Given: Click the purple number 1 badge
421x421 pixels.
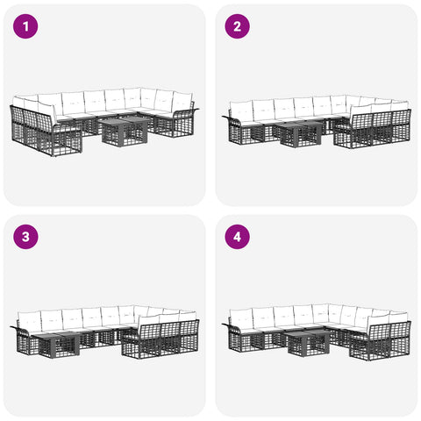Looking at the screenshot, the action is pyautogui.click(x=25, y=26).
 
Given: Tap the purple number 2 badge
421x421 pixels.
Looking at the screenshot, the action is pyautogui.click(x=237, y=26).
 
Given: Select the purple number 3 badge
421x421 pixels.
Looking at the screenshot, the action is pyautogui.click(x=25, y=237).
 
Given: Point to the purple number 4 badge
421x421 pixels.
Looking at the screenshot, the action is pyautogui.click(x=237, y=237).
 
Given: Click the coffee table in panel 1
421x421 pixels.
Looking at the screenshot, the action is pyautogui.click(x=125, y=132).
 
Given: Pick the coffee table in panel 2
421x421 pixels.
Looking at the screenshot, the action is pyautogui.click(x=300, y=134).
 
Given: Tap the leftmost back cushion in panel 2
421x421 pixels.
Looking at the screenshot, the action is pyautogui.click(x=241, y=110).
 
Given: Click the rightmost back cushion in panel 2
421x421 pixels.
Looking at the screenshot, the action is pyautogui.click(x=400, y=106).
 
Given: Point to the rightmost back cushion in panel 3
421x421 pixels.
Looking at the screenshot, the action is pyautogui.click(x=188, y=316).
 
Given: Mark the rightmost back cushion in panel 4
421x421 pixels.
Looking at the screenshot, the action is pyautogui.click(x=398, y=317).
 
